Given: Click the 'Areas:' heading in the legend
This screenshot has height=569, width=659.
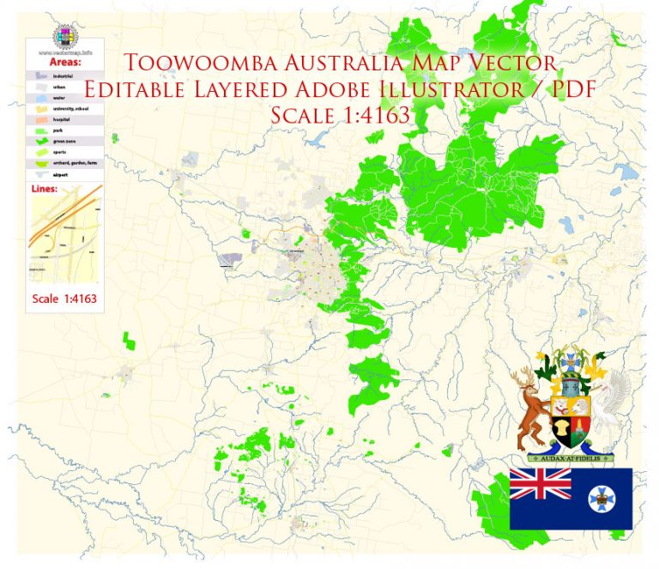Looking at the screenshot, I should coord(65,63).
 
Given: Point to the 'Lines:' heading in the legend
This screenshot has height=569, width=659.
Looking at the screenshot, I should coord(46,190).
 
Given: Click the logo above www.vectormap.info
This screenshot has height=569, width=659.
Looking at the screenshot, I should coord(65,36).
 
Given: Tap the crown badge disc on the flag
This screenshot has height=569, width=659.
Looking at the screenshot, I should coord(598,499).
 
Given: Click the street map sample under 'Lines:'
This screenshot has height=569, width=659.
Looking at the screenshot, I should coord(64,236).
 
